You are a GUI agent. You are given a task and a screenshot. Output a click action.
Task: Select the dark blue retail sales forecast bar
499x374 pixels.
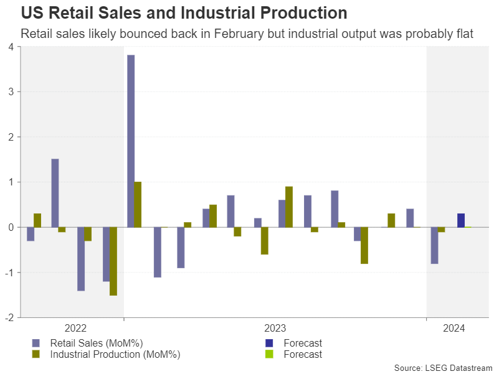460,220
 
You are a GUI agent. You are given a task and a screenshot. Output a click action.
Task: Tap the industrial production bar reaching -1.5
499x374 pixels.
113,261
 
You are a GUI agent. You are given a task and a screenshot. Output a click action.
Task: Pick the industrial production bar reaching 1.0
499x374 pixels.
138,204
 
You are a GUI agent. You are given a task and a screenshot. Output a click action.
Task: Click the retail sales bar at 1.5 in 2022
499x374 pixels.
55,193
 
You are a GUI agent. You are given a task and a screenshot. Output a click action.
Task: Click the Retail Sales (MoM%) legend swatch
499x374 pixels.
36,343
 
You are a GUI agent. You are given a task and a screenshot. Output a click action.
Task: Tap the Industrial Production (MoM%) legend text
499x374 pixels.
115,354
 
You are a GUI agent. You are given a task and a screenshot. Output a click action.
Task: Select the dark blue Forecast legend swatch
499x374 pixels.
269,343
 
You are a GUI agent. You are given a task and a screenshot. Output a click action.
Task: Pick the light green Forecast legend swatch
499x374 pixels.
269,354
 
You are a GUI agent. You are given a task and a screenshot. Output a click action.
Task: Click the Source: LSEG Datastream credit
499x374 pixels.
443,367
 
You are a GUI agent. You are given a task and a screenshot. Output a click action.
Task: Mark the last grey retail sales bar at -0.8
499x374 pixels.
434,245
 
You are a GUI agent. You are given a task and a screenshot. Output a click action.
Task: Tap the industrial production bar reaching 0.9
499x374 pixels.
289,207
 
